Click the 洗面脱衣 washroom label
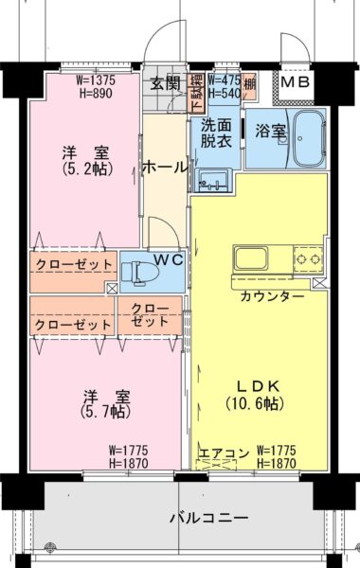click(x=215, y=133)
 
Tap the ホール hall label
click(x=164, y=168)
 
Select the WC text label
click(x=169, y=257)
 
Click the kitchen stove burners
click(x=307, y=256)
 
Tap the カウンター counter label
click(x=272, y=296)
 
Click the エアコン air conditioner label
click(x=223, y=453)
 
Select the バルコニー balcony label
click(x=208, y=518)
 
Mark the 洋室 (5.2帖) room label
click(x=83, y=161)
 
